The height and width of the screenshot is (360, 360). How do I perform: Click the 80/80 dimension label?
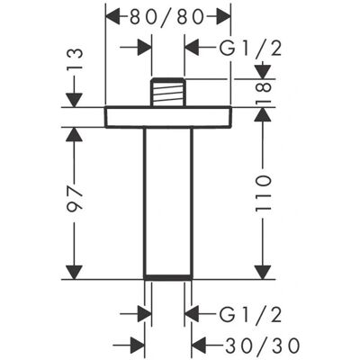pos(166,17)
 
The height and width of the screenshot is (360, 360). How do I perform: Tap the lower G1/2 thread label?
pos(250,314)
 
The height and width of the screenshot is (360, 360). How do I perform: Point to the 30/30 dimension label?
pos(263,345)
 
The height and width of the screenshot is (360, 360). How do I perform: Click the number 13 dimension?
pos(74,58)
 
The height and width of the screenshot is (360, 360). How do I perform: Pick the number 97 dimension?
pos(74,199)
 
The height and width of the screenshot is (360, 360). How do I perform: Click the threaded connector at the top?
pos(167,92)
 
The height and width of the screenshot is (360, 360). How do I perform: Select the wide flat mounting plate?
pos(168,117)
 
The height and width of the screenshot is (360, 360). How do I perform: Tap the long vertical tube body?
pos(168,202)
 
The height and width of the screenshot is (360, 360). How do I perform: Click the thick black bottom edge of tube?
pos(168,277)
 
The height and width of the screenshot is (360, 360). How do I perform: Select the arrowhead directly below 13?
pos(74,100)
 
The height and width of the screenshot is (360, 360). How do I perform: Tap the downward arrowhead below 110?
pos(263,273)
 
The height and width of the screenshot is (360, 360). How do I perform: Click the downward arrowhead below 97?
pos(74,273)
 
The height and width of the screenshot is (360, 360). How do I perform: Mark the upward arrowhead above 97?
pos(74,135)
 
